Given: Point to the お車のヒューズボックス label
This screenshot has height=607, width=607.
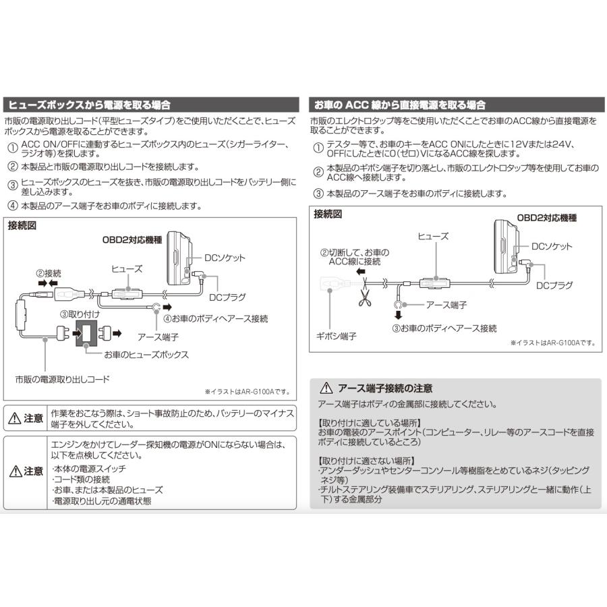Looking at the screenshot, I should tap(146, 354).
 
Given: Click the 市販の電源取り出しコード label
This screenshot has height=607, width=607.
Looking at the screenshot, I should tap(62, 379).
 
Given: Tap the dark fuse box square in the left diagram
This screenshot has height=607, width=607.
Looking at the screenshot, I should tap(86, 333).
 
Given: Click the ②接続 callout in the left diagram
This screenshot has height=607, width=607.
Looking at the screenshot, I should tap(49, 274).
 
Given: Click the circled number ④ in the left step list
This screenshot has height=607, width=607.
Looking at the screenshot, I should tap(13, 206).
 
